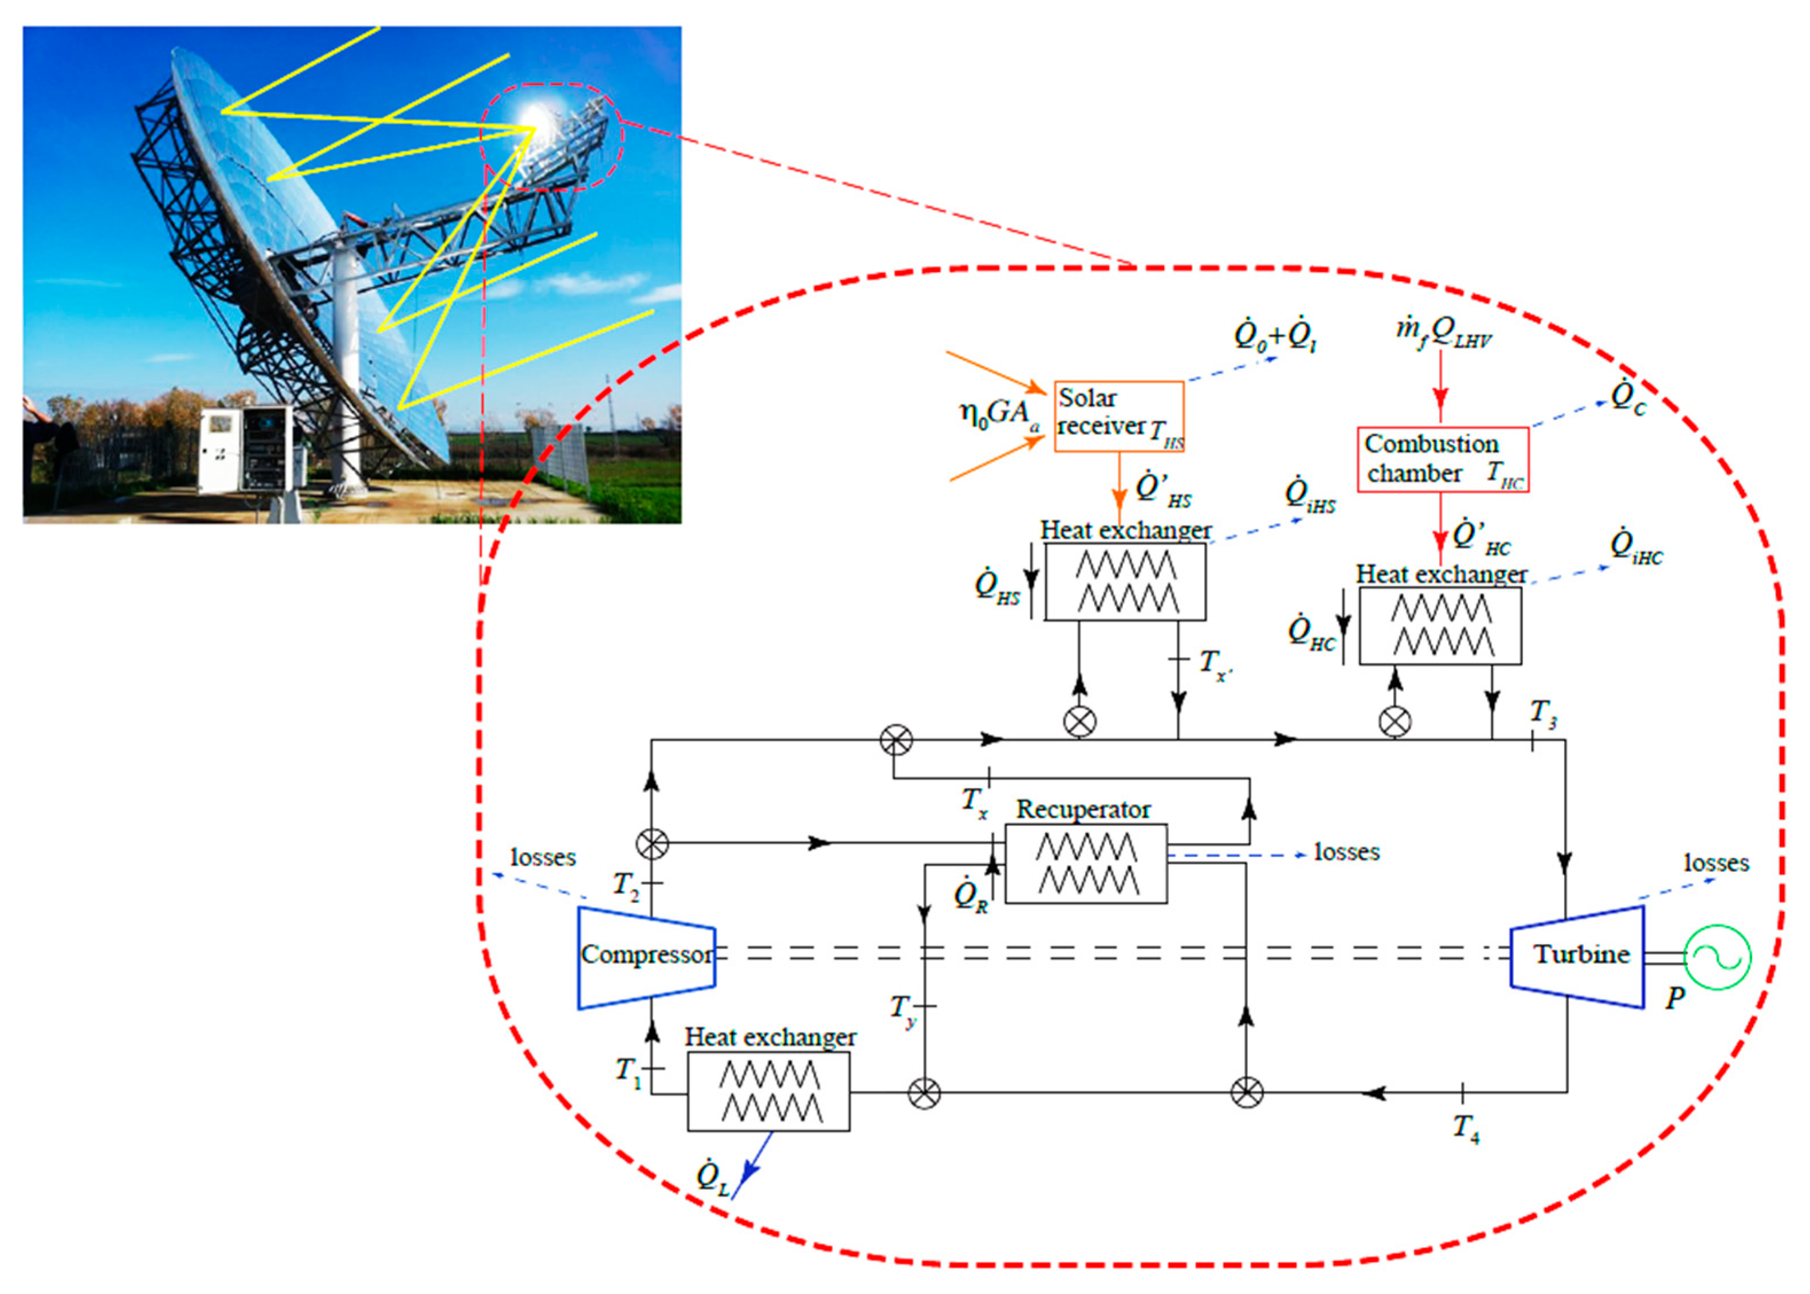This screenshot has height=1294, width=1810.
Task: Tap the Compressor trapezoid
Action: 646,955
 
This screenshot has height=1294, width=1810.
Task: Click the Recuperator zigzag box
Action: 1086,864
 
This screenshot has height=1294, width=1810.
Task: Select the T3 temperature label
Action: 1543,713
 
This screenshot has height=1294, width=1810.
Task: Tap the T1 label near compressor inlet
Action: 628,1070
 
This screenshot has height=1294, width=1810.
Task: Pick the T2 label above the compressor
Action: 626,884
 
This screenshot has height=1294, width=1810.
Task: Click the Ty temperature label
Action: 903,1009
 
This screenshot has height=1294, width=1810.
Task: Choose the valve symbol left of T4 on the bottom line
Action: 1247,1092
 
